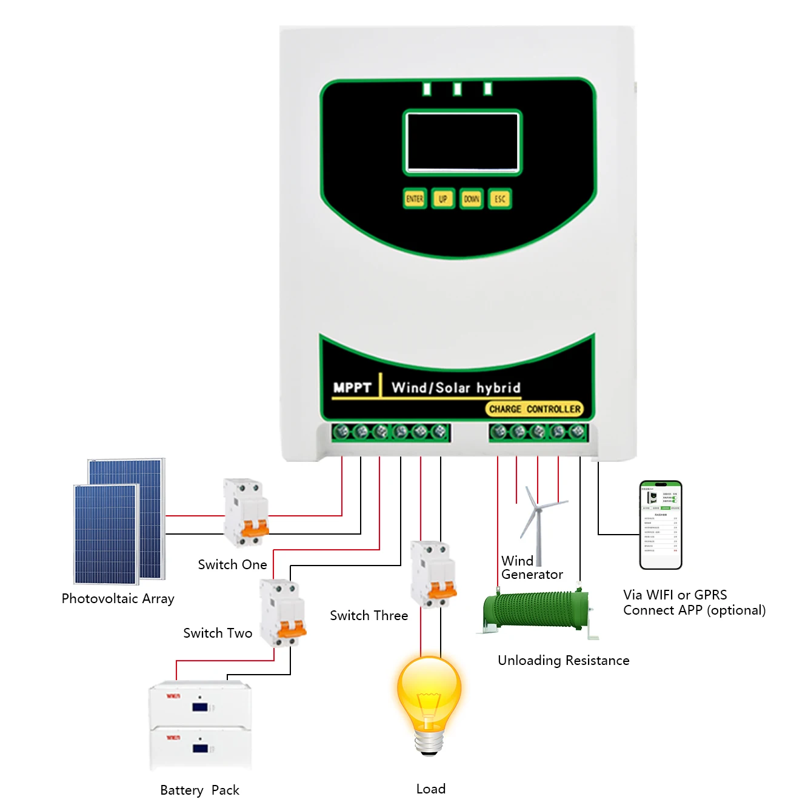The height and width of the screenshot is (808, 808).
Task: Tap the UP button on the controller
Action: [x=443, y=199]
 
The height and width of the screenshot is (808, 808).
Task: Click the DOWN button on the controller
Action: [x=471, y=199]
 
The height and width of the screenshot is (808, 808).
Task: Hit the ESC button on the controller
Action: [x=499, y=199]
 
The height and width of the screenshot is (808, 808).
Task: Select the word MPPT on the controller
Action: [x=352, y=388]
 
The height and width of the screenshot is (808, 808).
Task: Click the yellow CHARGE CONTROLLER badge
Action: [x=535, y=409]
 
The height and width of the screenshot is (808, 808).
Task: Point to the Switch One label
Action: [x=232, y=565]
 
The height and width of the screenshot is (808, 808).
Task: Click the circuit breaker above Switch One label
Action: [x=245, y=512]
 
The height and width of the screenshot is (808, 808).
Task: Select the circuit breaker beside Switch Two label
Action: [x=282, y=612]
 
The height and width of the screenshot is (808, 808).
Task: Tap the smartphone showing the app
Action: [x=661, y=525]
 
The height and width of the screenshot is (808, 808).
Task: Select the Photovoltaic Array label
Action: [x=118, y=599]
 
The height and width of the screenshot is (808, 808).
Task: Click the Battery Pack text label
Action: [x=199, y=790]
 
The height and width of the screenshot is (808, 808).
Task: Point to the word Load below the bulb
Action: [x=431, y=789]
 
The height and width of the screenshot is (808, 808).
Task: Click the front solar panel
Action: [x=106, y=533]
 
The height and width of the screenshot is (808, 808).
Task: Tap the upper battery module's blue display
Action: [x=200, y=707]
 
